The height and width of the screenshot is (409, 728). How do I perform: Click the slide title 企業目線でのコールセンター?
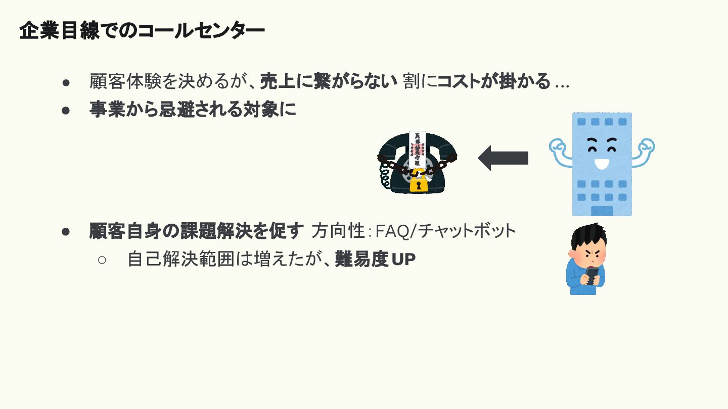tap(142, 31)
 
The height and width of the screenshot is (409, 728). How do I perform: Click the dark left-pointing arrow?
tap(503, 158)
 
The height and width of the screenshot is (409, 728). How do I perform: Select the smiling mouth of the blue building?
tap(601, 164)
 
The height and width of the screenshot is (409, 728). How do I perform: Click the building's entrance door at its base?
tap(602, 210)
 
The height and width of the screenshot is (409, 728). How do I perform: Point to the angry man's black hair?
tap(589, 236)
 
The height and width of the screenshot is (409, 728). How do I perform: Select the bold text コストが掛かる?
tap(493, 81)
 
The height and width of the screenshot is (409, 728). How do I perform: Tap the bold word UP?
tap(403, 260)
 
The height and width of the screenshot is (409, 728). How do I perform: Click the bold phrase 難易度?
tap(361, 260)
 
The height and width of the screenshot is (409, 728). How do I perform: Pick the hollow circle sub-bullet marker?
tap(102, 260)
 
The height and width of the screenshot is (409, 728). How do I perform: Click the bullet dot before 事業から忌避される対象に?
tap(65, 110)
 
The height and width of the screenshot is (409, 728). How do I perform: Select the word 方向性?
tap(338, 231)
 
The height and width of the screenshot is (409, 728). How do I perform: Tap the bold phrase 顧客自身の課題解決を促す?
tap(197, 231)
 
